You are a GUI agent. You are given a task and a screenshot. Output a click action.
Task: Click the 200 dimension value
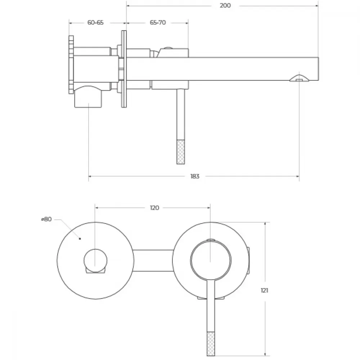pos(225,5)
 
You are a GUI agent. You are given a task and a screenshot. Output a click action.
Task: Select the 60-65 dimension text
pos(95,22)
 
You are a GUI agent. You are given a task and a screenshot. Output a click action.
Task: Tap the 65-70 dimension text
pos(158,22)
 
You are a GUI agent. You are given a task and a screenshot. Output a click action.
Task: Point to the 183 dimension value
pos(195,176)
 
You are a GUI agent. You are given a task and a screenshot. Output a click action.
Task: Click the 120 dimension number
pos(154,208)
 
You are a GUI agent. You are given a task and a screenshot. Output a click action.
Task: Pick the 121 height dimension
pos(265,291)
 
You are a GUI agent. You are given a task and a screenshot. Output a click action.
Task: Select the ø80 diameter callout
pos(46,219)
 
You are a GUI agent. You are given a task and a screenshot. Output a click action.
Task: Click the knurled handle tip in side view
pos(181,152)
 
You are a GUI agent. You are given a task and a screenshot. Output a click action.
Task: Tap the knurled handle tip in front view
pos(211,344)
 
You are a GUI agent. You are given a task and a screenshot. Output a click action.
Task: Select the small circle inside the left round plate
pos(95,261)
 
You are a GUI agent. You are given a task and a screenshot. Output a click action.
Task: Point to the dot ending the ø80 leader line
pos(80,239)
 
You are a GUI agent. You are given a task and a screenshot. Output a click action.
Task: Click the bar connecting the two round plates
pos(153,261)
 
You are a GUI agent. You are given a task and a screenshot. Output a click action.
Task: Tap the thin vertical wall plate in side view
pos(124,69)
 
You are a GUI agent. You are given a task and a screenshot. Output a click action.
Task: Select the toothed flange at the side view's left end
pos(71,64)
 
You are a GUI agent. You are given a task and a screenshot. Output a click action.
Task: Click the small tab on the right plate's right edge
pos(248,261)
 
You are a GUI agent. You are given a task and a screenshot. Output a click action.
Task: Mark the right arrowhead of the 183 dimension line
pos(298,176)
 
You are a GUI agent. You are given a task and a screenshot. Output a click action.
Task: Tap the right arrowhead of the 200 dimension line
pos(316,5)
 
